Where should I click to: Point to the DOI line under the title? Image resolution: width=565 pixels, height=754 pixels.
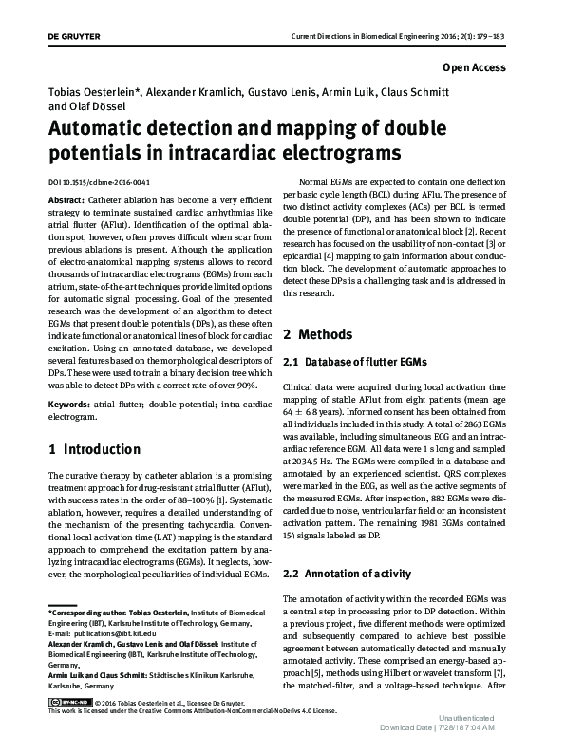click(x=98, y=182)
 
